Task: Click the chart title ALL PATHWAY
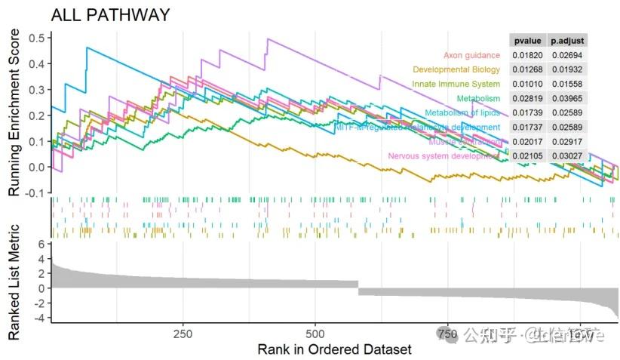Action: point(110,14)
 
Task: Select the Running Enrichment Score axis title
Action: point(14,114)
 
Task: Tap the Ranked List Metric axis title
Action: point(14,282)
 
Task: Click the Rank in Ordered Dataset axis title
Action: point(334,349)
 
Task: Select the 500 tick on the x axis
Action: point(316,334)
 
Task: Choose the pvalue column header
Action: point(526,41)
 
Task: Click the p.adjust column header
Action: point(566,41)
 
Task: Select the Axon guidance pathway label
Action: point(471,55)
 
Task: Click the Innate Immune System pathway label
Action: point(456,84)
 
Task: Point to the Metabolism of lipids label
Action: point(462,112)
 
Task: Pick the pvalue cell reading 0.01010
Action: point(526,84)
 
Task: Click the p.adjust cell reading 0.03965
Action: point(566,98)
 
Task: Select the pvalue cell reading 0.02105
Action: point(526,155)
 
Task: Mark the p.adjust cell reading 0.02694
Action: point(566,55)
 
